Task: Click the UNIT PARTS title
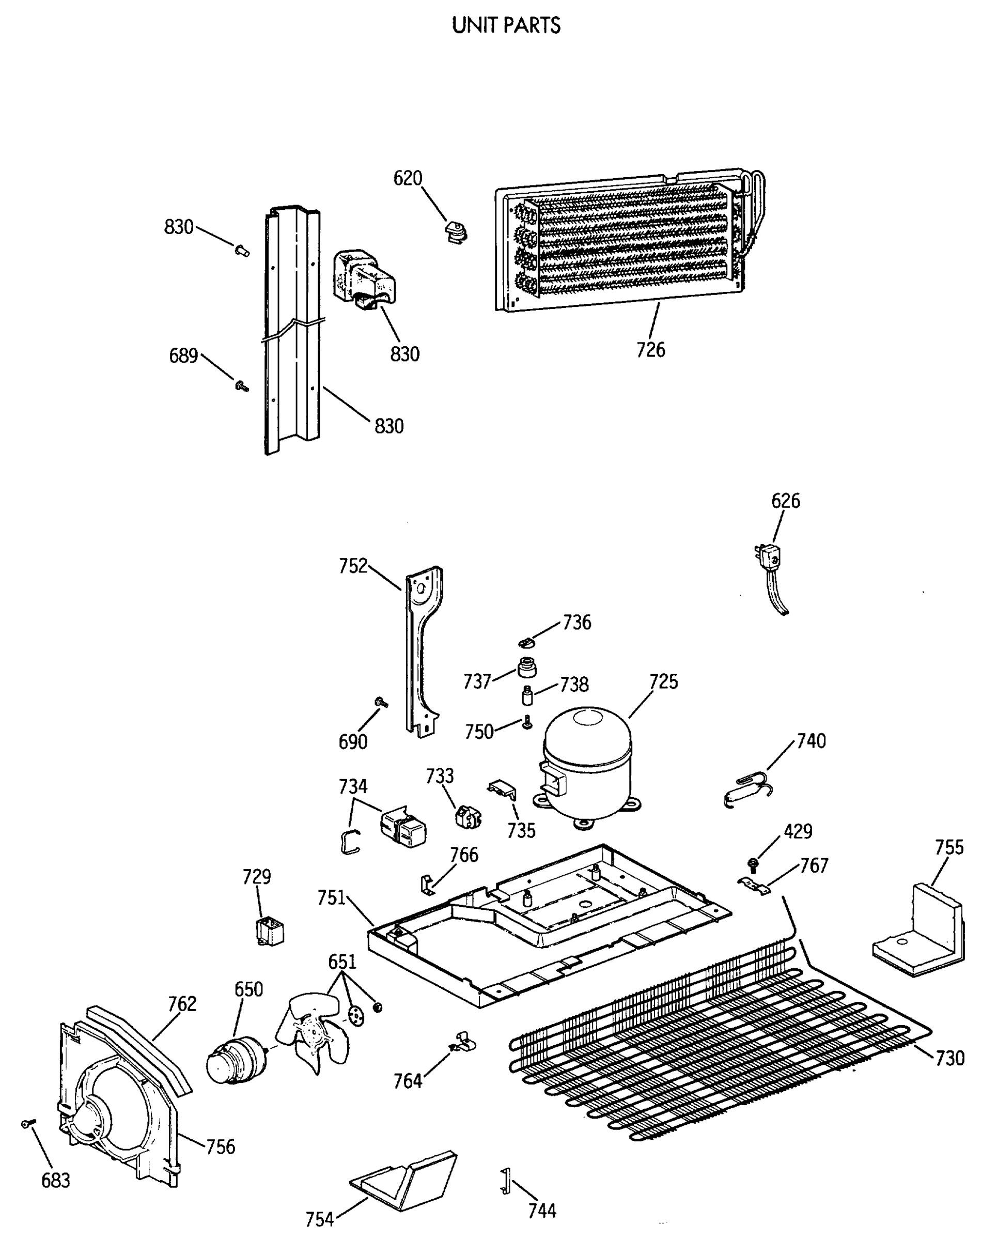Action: click(x=506, y=26)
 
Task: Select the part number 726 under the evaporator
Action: click(x=650, y=350)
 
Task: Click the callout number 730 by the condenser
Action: click(x=949, y=1058)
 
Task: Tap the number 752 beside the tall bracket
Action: click(x=352, y=566)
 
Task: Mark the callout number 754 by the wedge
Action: click(x=320, y=1219)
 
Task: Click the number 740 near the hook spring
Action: click(x=810, y=741)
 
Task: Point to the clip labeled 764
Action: click(x=463, y=1042)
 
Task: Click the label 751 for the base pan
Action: click(x=332, y=898)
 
